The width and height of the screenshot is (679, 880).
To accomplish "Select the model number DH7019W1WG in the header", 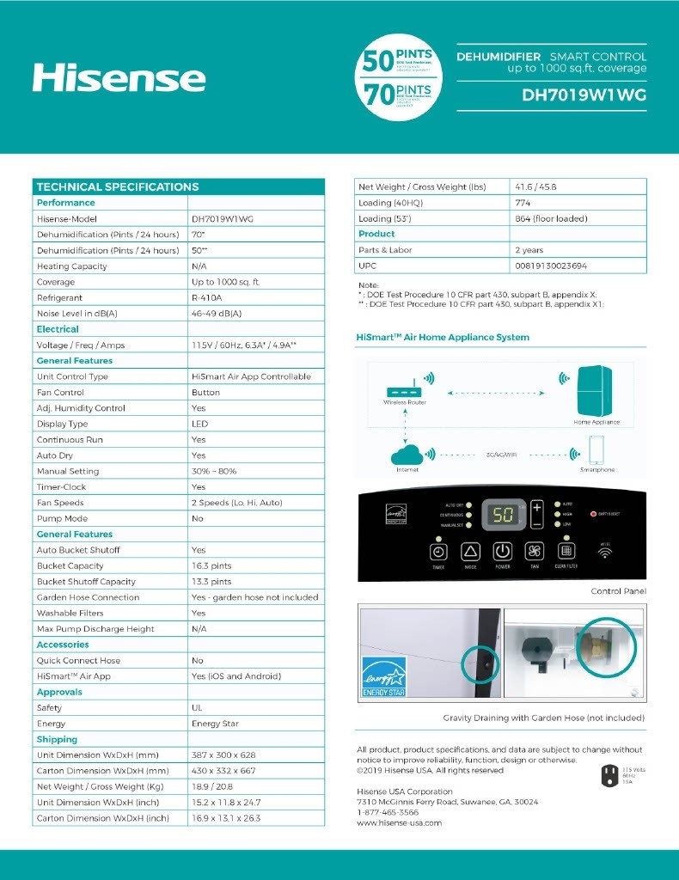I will coord(584,95).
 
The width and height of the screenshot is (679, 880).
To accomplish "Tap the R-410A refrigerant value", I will coord(207,297).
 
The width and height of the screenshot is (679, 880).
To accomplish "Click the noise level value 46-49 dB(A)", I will coord(217,314).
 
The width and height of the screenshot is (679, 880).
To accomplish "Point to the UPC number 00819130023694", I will coord(551,266).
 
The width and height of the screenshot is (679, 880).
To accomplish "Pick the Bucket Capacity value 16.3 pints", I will coord(212,565).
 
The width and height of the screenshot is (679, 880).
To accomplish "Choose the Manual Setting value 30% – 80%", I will coord(214,471).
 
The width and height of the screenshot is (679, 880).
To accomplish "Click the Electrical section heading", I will coord(58,329).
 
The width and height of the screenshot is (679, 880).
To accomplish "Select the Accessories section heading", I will coord(63,645).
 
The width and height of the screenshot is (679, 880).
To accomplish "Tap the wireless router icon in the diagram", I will coord(404,382).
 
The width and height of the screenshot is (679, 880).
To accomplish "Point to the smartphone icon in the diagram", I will coord(597,450).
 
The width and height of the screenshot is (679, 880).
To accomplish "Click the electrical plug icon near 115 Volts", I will coord(609,776).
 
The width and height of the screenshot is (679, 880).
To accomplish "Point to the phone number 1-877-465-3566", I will coord(388,812).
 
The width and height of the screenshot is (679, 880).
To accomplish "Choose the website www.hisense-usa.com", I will coord(399,822).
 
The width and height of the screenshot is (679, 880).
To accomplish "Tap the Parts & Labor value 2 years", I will coord(529,250).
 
